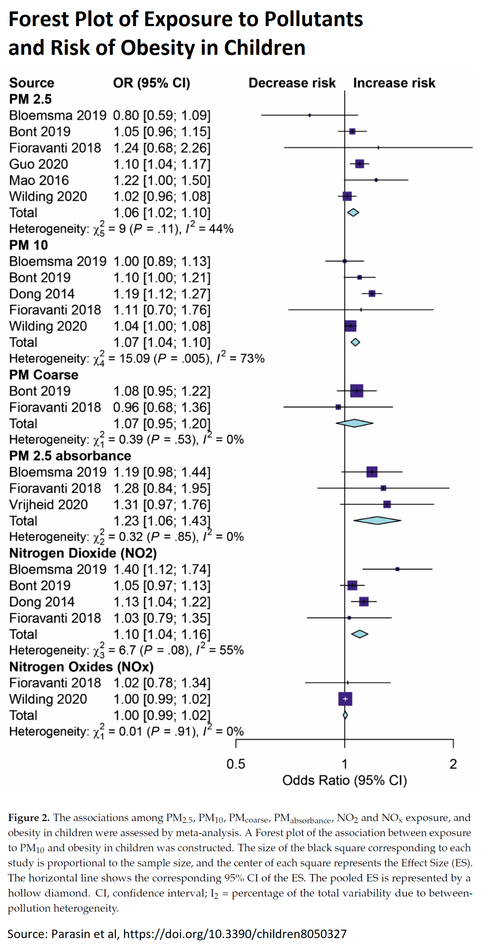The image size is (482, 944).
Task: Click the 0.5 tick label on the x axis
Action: click(236, 764)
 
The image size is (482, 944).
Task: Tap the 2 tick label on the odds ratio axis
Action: click(453, 764)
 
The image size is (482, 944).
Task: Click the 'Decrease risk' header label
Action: click(292, 83)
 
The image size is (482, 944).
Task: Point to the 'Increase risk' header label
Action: click(394, 83)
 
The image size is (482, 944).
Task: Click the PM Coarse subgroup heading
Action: click(44, 375)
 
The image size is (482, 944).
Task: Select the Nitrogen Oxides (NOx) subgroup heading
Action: click(81, 667)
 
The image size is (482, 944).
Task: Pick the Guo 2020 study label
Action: click(39, 164)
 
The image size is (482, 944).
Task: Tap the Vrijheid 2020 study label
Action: click(49, 505)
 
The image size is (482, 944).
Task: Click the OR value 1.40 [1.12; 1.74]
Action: click(162, 569)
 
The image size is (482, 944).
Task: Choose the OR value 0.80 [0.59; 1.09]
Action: click(162, 116)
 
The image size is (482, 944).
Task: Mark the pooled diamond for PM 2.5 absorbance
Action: click(377, 520)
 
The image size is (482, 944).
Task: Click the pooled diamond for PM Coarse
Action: click(355, 423)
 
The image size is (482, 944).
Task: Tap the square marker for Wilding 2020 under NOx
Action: click(345, 699)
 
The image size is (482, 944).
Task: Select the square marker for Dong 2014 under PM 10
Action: click(372, 293)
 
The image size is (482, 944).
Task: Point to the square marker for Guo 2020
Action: click(359, 164)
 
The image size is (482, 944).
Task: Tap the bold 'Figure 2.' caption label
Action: click(28, 818)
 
